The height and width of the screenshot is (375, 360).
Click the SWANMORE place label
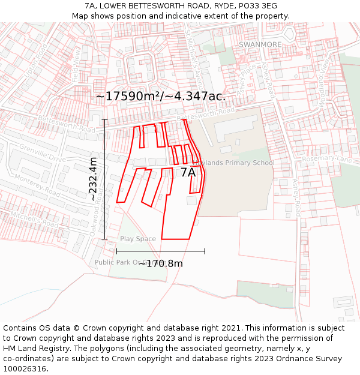pyautogui.click(x=260, y=44)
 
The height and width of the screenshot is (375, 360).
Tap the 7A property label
pyautogui.click(x=188, y=173)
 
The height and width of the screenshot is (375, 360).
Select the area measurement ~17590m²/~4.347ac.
pyautogui.click(x=160, y=97)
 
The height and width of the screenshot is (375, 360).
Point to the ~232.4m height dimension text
pyautogui.click(x=93, y=178)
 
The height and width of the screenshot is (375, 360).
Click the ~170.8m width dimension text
pyautogui.click(x=161, y=263)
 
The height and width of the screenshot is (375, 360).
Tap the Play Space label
pyautogui.click(x=137, y=239)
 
